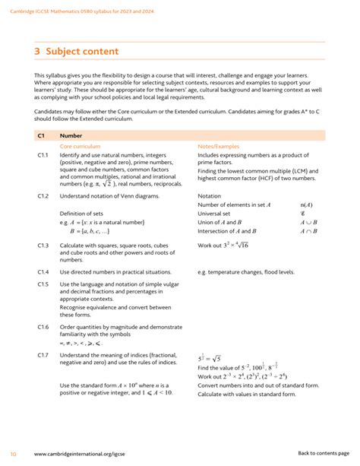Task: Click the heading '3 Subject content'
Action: (76, 52)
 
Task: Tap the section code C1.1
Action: (43, 154)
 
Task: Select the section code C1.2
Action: (43, 195)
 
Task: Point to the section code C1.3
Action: (43, 246)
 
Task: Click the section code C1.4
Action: (43, 271)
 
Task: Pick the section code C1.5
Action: (43, 284)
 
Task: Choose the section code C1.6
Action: (43, 325)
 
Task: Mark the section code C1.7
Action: (43, 355)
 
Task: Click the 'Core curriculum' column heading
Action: (80, 145)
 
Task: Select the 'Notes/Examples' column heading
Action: (219, 145)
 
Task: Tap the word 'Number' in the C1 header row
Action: (71, 135)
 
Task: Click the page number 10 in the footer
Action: (14, 453)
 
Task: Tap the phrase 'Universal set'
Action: (216, 214)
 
